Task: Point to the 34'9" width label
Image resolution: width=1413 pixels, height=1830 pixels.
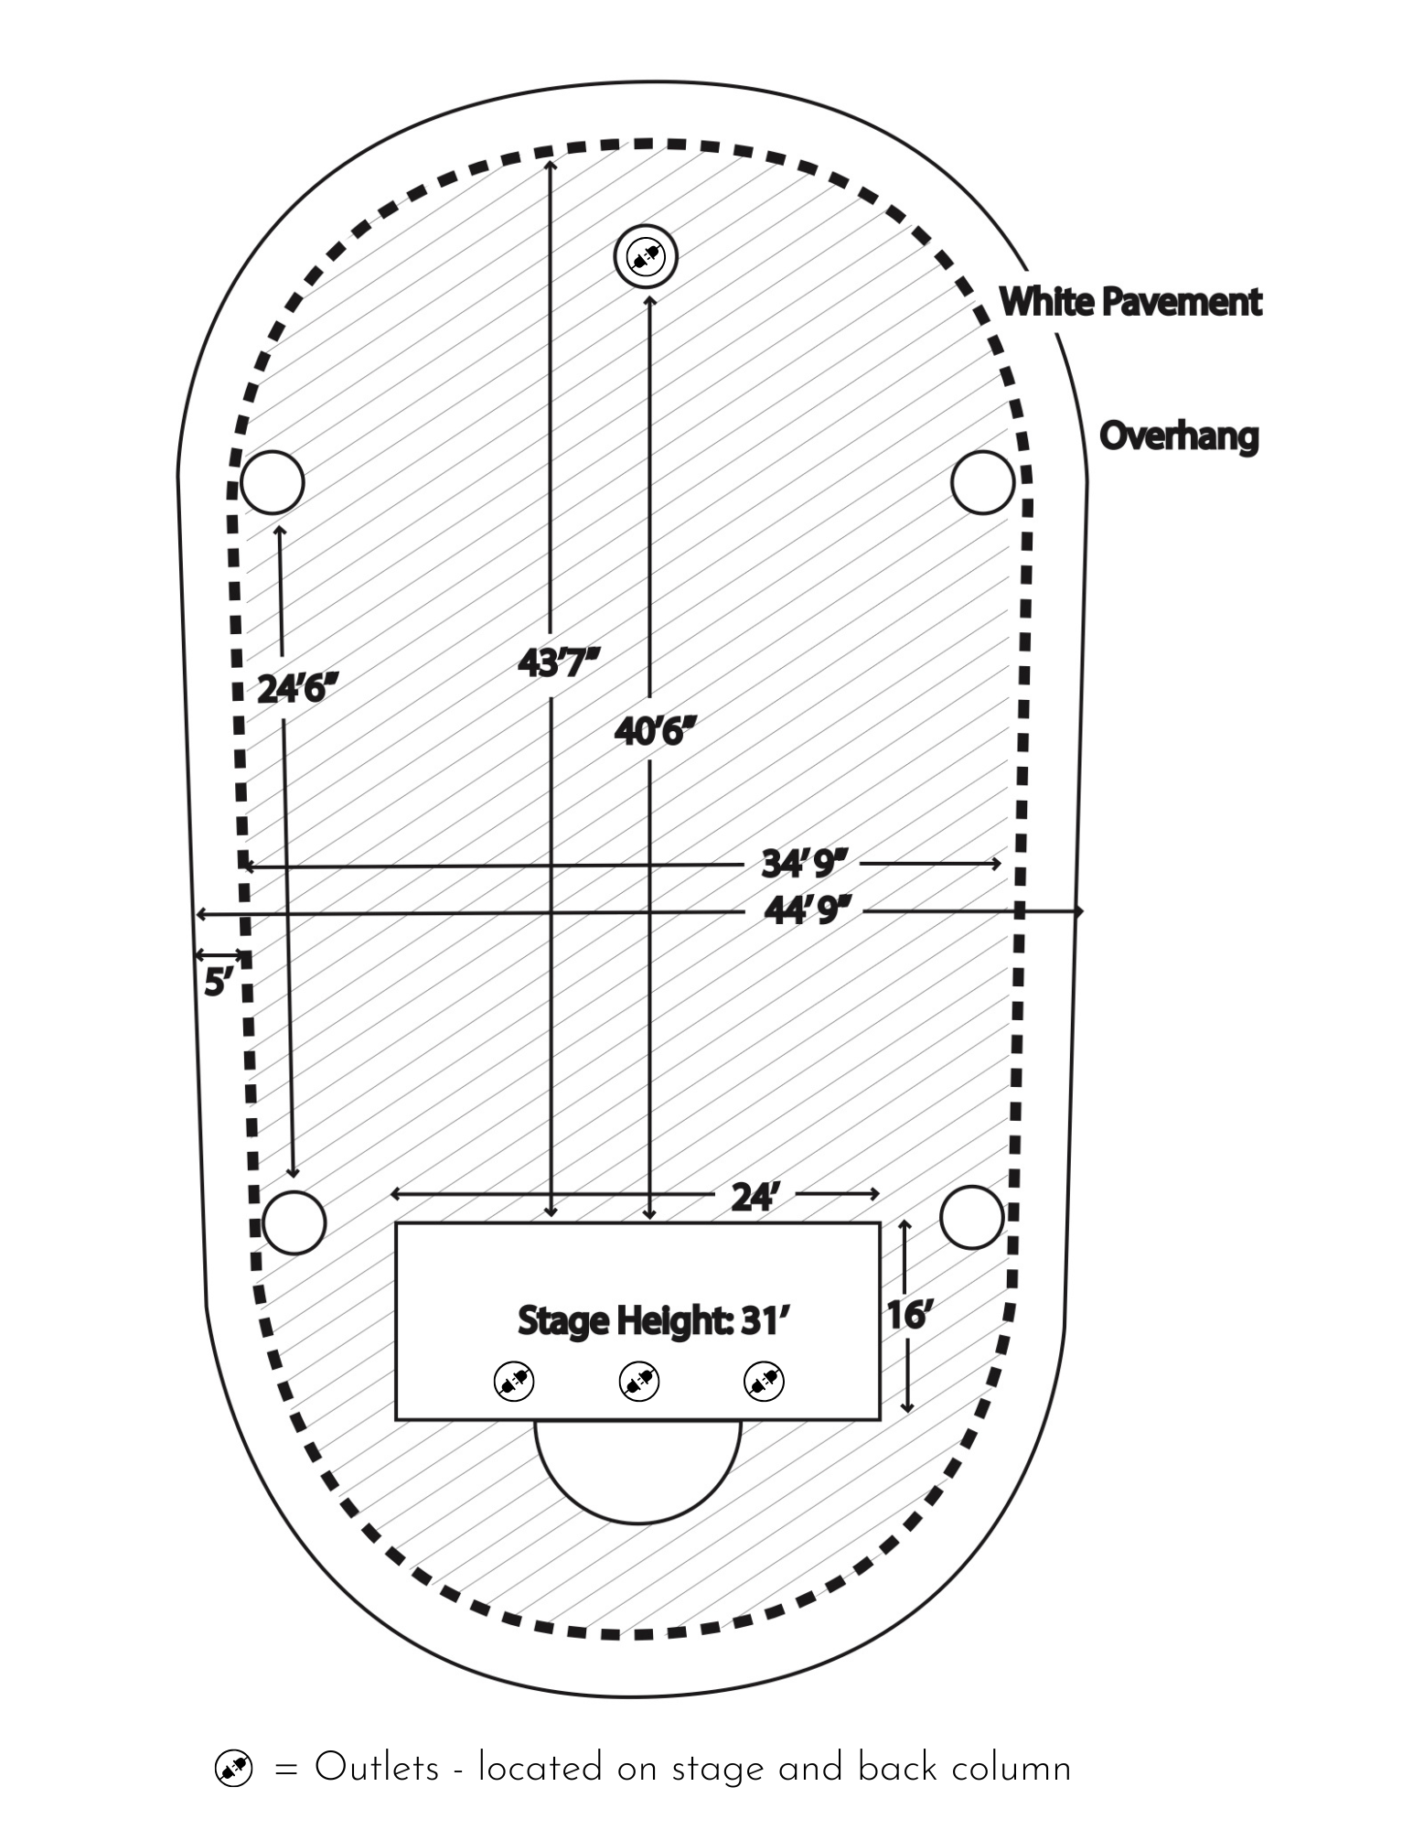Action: (x=805, y=863)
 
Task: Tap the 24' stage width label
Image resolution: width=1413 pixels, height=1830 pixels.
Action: (x=754, y=1197)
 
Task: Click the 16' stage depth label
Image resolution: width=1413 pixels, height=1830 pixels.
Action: (x=908, y=1316)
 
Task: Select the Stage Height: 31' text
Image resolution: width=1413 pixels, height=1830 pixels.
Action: (x=652, y=1321)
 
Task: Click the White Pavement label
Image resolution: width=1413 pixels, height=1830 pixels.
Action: (x=1129, y=301)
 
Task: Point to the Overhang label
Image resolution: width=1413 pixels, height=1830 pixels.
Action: (x=1178, y=436)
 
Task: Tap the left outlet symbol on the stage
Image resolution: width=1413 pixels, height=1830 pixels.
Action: (x=514, y=1382)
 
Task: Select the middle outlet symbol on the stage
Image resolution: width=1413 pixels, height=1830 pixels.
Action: (x=639, y=1382)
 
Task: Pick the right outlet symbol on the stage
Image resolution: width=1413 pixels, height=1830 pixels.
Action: (x=764, y=1382)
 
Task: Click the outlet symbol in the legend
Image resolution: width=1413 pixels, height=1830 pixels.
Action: (x=233, y=1769)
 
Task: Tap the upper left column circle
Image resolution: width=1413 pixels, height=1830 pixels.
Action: (x=273, y=482)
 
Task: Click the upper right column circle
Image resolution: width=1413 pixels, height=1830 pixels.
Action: (x=982, y=482)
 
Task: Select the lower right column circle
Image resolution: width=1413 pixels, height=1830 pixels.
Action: (x=971, y=1217)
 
